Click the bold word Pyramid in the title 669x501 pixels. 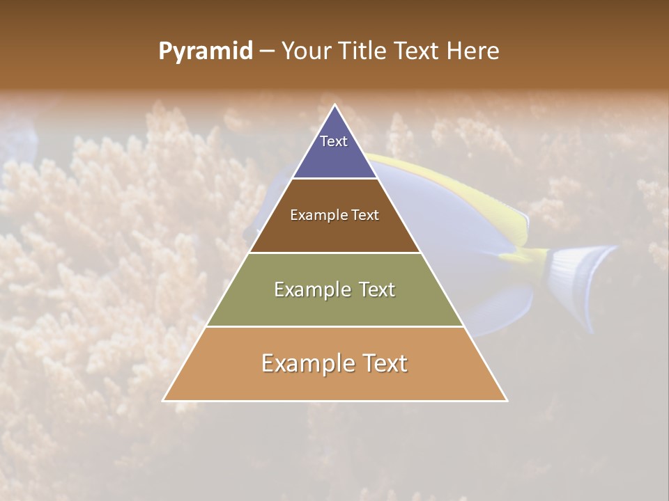[205, 51]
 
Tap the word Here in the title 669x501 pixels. [472, 51]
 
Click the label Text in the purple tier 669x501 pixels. [334, 141]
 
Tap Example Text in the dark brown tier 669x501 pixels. [334, 215]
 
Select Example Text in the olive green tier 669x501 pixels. [334, 289]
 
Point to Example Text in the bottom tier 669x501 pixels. [334, 363]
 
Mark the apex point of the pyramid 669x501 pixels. [335, 106]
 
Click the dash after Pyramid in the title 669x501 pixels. [267, 51]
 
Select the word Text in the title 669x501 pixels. [417, 51]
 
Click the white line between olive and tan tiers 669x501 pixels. [334, 326]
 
